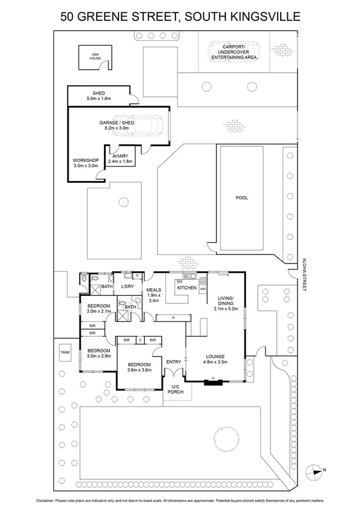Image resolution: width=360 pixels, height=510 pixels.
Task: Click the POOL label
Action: [242, 197]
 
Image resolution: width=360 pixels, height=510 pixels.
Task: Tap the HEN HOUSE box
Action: [94, 57]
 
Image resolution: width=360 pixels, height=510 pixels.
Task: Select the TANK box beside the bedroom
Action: [64, 353]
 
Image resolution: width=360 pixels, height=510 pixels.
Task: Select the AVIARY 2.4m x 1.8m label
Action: [121, 158]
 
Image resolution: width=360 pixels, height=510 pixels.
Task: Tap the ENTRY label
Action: [173, 361]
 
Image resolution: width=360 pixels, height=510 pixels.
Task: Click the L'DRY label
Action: [126, 286]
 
